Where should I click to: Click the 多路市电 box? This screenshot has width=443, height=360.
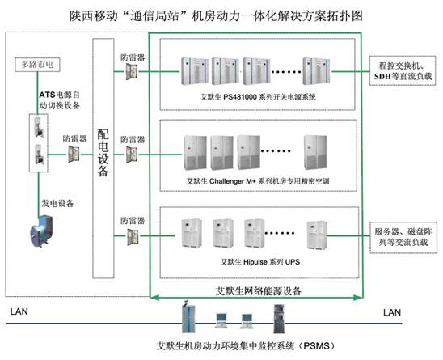[x=37, y=65]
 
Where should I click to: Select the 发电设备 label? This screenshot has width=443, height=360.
[x=57, y=203]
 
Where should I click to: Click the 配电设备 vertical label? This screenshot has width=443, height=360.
[x=103, y=153]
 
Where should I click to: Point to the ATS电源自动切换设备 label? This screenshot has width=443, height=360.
[x=60, y=100]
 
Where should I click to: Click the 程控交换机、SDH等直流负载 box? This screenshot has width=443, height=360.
[x=403, y=70]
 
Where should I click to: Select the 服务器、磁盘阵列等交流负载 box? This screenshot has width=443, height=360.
[x=403, y=237]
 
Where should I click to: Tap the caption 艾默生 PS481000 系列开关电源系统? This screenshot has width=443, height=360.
[x=258, y=97]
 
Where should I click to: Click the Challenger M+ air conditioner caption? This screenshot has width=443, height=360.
[x=258, y=181]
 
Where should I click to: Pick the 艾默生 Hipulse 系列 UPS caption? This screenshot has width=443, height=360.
[x=260, y=262]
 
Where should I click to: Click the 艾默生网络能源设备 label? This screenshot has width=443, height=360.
[x=259, y=290]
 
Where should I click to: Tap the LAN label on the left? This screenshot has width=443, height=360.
[x=19, y=311]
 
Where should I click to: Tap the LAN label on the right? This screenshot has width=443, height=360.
[x=392, y=312]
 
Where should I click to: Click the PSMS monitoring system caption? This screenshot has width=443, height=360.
[x=246, y=345]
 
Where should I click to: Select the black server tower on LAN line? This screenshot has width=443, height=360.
[x=279, y=319]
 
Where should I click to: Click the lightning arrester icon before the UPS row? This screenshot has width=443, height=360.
[x=133, y=237]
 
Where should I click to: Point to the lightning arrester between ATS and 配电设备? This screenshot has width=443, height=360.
[x=74, y=155]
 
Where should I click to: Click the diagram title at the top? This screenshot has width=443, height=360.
[x=216, y=15]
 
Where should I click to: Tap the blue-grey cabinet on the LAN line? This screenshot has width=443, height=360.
[x=188, y=317]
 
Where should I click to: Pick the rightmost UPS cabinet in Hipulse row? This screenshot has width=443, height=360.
[x=317, y=235]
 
